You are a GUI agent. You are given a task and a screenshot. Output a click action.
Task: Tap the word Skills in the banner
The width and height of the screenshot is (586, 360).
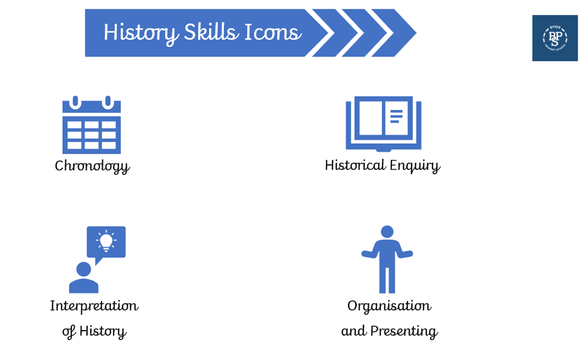211,32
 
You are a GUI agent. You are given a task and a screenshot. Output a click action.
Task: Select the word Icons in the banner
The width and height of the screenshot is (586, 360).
273,32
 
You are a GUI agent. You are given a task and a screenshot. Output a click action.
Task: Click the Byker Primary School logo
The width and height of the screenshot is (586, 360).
555,38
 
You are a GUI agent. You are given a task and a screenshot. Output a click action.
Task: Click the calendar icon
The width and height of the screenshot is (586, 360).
91,125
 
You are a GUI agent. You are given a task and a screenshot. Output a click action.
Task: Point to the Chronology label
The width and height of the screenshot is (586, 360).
92,167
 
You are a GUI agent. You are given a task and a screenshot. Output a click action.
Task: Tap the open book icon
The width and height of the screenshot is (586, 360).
383,124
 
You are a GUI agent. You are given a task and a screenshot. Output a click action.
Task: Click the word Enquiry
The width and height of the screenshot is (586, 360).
415,166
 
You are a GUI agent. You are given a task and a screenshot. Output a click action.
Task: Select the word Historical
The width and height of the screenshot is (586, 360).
355,165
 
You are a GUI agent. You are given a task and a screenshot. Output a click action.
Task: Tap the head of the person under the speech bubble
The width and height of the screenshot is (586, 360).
84,269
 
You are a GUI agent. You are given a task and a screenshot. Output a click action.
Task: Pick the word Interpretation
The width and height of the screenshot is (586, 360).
95,306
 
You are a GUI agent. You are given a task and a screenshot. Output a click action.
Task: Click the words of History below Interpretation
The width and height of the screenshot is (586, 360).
95,331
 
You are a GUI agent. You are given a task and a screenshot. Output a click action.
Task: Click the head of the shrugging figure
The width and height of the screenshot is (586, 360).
387,232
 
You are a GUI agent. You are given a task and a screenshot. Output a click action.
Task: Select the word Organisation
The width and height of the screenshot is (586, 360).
389,306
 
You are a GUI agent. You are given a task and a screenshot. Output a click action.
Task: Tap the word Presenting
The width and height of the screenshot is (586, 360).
404,331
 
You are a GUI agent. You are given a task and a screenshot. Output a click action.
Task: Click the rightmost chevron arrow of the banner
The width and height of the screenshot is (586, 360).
394,33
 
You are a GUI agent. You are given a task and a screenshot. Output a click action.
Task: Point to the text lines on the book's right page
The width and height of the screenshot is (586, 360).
396,116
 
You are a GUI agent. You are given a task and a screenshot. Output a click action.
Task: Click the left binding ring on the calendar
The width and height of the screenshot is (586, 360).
75,102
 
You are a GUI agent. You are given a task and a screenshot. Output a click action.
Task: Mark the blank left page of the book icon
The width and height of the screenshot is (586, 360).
371,118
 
